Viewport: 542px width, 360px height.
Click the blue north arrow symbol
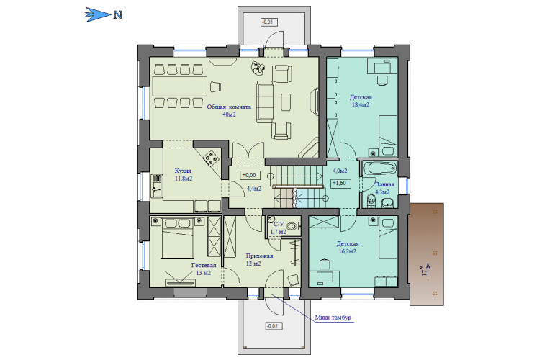[x=98, y=15]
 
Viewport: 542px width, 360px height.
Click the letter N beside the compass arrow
[x=118, y=15]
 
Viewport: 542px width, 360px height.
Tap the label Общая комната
[x=229, y=107]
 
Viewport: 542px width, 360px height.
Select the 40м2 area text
[x=229, y=114]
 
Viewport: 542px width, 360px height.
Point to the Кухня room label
[x=183, y=171]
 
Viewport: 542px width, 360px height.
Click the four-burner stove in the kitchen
[x=211, y=158]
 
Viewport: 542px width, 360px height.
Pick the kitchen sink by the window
[x=157, y=186]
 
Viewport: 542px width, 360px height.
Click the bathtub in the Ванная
[x=380, y=168]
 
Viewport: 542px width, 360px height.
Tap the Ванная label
[x=384, y=184]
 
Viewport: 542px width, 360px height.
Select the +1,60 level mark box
[x=340, y=184]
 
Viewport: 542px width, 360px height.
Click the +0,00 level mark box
[x=250, y=175]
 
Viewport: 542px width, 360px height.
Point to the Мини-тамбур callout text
[x=333, y=318]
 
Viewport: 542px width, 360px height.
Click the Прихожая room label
[x=259, y=256]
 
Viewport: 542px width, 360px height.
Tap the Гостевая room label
[x=204, y=265]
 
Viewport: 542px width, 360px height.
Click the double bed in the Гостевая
[x=177, y=238]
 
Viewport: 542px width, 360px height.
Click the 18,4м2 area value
[x=361, y=105]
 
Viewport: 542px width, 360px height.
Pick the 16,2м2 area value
[x=348, y=251]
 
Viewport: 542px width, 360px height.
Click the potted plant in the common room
[x=258, y=68]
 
